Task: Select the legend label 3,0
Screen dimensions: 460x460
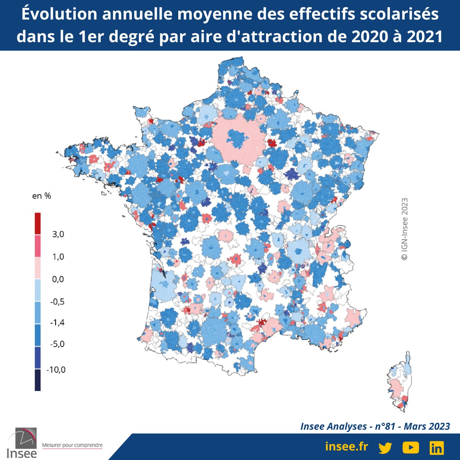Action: [58, 234]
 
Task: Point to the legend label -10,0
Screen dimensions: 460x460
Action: [56, 370]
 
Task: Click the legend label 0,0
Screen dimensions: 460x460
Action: [58, 279]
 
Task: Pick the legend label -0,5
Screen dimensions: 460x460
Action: [57, 302]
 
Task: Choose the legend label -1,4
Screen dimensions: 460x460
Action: [57, 322]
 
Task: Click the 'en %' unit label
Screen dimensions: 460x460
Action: [41, 196]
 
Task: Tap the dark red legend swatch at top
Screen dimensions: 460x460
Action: [38, 223]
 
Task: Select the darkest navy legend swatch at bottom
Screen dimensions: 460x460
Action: [38, 380]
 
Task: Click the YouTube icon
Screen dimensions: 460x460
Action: [411, 447]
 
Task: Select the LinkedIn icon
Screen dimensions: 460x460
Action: [437, 447]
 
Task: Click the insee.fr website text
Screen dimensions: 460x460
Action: [346, 447]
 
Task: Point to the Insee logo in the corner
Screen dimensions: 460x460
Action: [22, 443]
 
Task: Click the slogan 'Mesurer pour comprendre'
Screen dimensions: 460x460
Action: [72, 445]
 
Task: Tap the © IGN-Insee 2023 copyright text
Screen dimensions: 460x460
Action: [404, 229]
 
